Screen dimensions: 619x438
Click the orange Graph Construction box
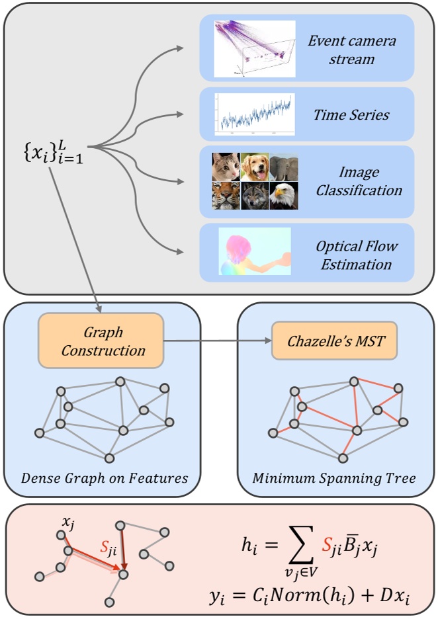[101, 341]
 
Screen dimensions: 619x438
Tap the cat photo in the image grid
[226, 167]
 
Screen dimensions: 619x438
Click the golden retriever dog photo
[255, 167]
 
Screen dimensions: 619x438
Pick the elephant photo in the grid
[284, 167]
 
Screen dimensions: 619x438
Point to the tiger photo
[226, 196]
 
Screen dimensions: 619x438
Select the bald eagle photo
[284, 196]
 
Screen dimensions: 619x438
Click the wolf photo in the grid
[255, 196]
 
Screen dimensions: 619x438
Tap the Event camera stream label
[351, 50]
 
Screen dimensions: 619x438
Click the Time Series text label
[351, 115]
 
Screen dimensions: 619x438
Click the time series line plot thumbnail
[254, 114]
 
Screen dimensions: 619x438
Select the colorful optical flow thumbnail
[255, 251]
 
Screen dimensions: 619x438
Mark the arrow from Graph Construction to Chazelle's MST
[218, 341]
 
